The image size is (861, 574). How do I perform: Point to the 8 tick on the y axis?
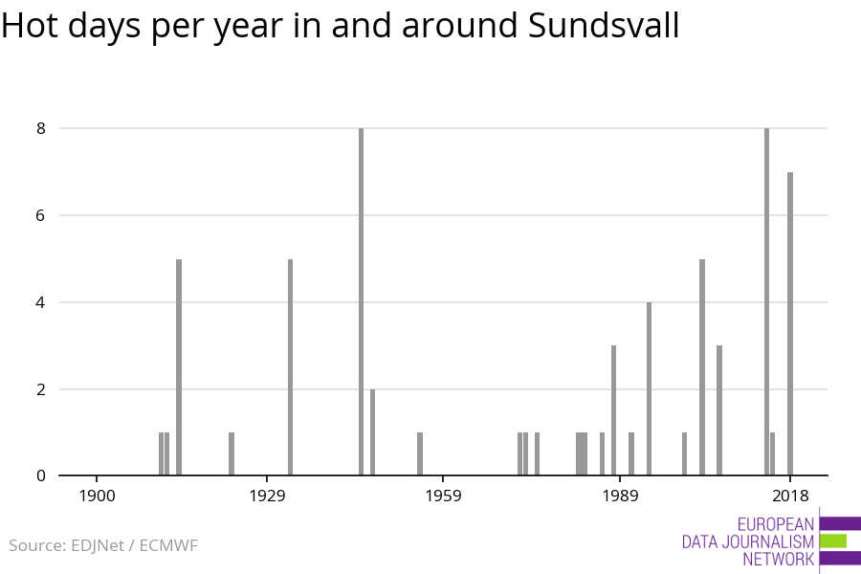coord(40,128)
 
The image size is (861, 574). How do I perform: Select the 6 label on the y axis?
coord(40,215)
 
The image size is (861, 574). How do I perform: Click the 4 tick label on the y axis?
coord(40,302)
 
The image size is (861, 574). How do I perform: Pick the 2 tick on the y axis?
coord(40,389)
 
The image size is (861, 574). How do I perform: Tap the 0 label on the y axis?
coord(40,475)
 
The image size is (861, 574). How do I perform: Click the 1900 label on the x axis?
coord(97,496)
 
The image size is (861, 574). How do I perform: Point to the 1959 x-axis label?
coord(444,496)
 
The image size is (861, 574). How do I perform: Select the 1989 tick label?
coord(620,496)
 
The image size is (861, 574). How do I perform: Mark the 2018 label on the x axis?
coord(790,496)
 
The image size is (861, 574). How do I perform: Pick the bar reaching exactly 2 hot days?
coord(372,432)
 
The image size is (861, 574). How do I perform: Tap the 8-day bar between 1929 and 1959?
coord(361,301)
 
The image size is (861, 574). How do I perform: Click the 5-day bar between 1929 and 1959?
coord(290,367)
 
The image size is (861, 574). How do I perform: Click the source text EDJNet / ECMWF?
coord(134,546)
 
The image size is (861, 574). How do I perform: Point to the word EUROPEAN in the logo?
coord(776,524)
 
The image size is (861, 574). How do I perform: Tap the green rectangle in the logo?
coord(832,541)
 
